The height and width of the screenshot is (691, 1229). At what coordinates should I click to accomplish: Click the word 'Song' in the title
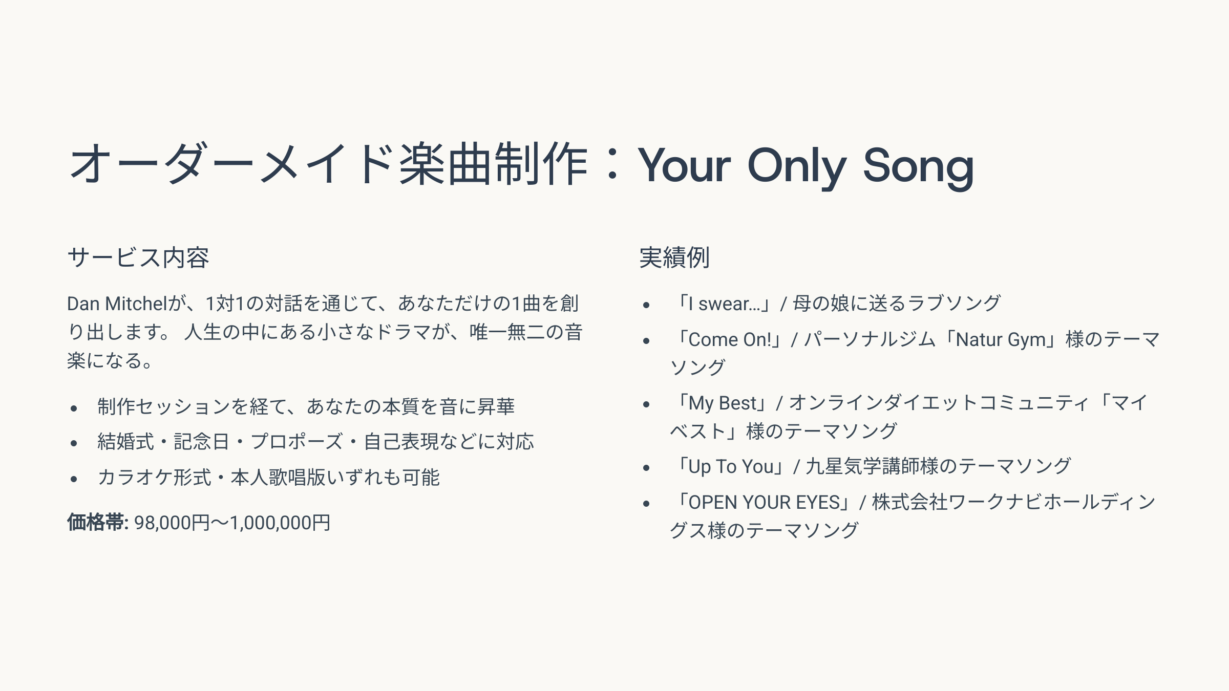pyautogui.click(x=918, y=166)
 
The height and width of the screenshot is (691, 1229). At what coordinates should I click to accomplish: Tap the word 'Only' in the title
pyautogui.click(x=797, y=166)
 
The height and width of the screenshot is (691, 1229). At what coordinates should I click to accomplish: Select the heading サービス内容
pyautogui.click(x=138, y=257)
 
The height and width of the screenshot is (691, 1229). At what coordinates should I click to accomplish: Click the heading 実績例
pyautogui.click(x=674, y=257)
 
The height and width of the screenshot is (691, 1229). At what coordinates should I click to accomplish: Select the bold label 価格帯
pyautogui.click(x=96, y=523)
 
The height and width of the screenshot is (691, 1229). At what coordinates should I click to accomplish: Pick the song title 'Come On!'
pyautogui.click(x=730, y=340)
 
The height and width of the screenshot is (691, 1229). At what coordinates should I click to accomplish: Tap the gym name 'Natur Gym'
pyautogui.click(x=1001, y=340)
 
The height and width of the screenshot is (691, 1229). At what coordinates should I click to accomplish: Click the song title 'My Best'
pyautogui.click(x=723, y=403)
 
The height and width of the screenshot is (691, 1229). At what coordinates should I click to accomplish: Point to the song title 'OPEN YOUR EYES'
pyautogui.click(x=765, y=503)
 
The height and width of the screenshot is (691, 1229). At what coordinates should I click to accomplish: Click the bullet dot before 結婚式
pyautogui.click(x=74, y=443)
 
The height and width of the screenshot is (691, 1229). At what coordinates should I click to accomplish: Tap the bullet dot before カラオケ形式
pyautogui.click(x=74, y=479)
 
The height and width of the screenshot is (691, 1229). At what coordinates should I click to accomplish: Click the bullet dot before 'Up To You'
pyautogui.click(x=646, y=468)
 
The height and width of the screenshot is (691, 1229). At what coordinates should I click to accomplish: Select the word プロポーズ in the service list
pyautogui.click(x=297, y=442)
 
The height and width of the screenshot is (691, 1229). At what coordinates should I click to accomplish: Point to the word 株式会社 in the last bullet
pyautogui.click(x=910, y=503)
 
